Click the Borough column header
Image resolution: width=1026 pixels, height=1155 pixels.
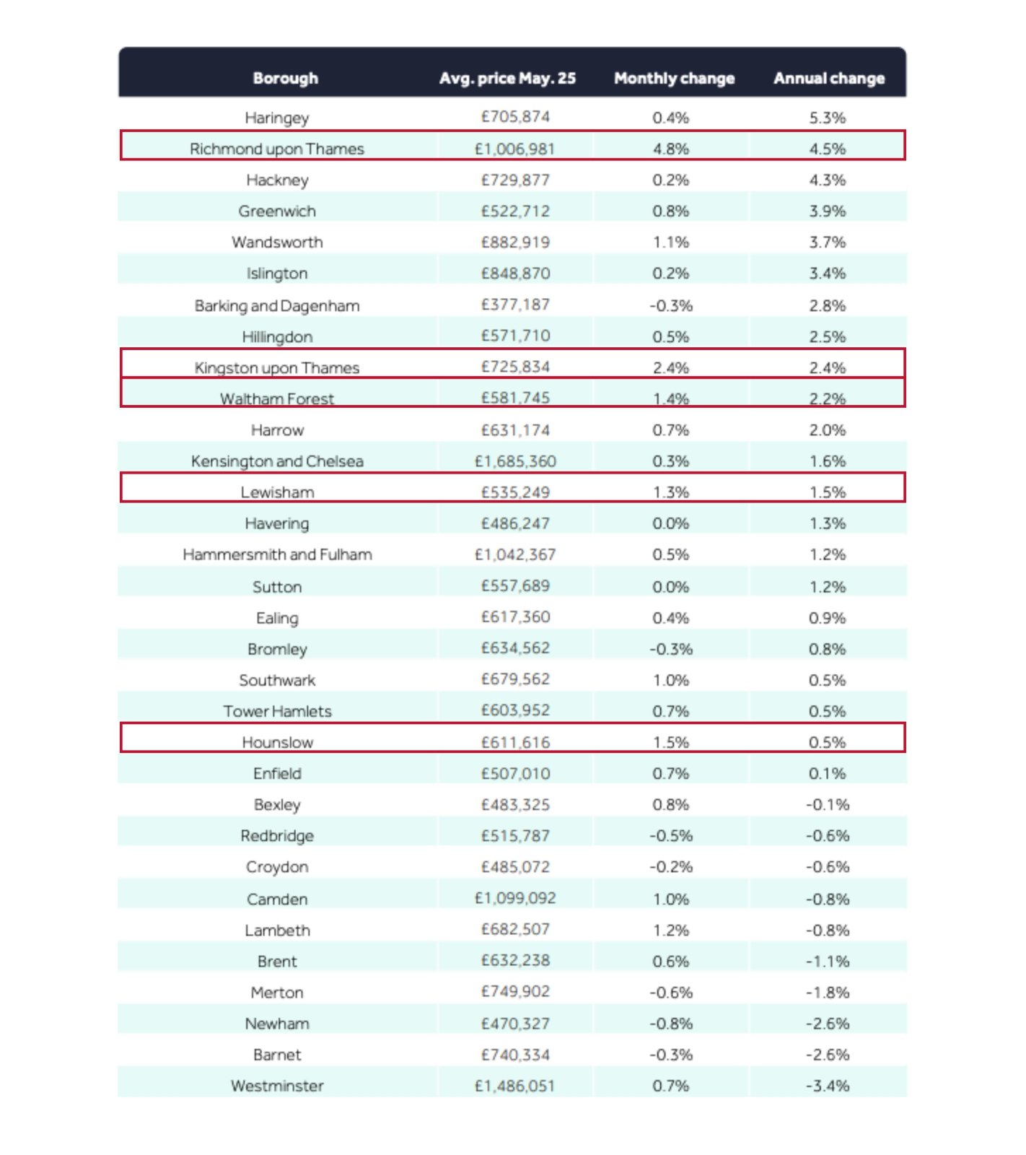click(285, 78)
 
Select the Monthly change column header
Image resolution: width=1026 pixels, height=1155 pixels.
click(674, 78)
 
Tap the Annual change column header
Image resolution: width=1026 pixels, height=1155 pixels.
click(829, 78)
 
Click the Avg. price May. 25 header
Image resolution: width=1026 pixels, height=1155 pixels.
click(507, 78)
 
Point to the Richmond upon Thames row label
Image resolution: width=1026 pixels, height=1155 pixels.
click(277, 149)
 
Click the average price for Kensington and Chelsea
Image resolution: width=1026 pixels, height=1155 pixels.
click(515, 461)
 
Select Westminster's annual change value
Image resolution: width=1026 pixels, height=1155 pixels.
click(828, 1086)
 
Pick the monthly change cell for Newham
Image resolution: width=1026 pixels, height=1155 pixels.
click(671, 1024)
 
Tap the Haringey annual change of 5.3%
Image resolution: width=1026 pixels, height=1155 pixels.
click(828, 118)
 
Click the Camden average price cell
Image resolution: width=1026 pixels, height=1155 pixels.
click(515, 899)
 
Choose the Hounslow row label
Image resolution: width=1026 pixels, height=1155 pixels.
click(277, 742)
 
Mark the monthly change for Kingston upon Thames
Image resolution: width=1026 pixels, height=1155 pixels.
click(671, 367)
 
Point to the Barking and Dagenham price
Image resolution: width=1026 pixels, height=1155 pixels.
click(515, 305)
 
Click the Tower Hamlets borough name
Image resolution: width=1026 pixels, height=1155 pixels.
click(277, 711)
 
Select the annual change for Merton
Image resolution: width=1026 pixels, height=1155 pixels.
click(828, 993)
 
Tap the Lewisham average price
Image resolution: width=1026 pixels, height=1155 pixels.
click(515, 492)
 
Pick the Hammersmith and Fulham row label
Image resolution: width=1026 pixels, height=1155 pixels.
click(277, 554)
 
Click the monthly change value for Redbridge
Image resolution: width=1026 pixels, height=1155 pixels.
click(671, 836)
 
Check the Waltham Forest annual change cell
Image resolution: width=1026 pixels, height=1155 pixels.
click(828, 398)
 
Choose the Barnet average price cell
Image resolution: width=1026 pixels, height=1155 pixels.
click(515, 1055)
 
